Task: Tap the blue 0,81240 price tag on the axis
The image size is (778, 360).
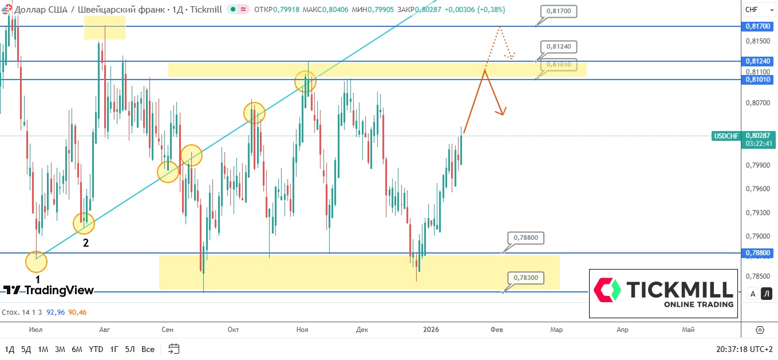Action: point(758,61)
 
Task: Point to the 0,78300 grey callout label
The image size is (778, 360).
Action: point(526,278)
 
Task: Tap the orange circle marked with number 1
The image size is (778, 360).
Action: point(37,263)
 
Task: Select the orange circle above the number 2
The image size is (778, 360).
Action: point(84,223)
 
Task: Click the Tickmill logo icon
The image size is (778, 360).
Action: point(607,290)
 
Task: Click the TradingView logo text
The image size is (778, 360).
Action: point(48,290)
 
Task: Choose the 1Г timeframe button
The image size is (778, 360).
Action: point(114,349)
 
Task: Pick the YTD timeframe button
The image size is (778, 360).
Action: point(96,349)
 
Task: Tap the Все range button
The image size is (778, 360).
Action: point(148,349)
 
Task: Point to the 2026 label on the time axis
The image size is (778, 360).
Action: point(431,330)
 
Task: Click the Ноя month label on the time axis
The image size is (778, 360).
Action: point(302,330)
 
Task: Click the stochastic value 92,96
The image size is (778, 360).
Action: point(56,312)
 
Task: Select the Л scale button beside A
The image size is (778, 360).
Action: point(767,294)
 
